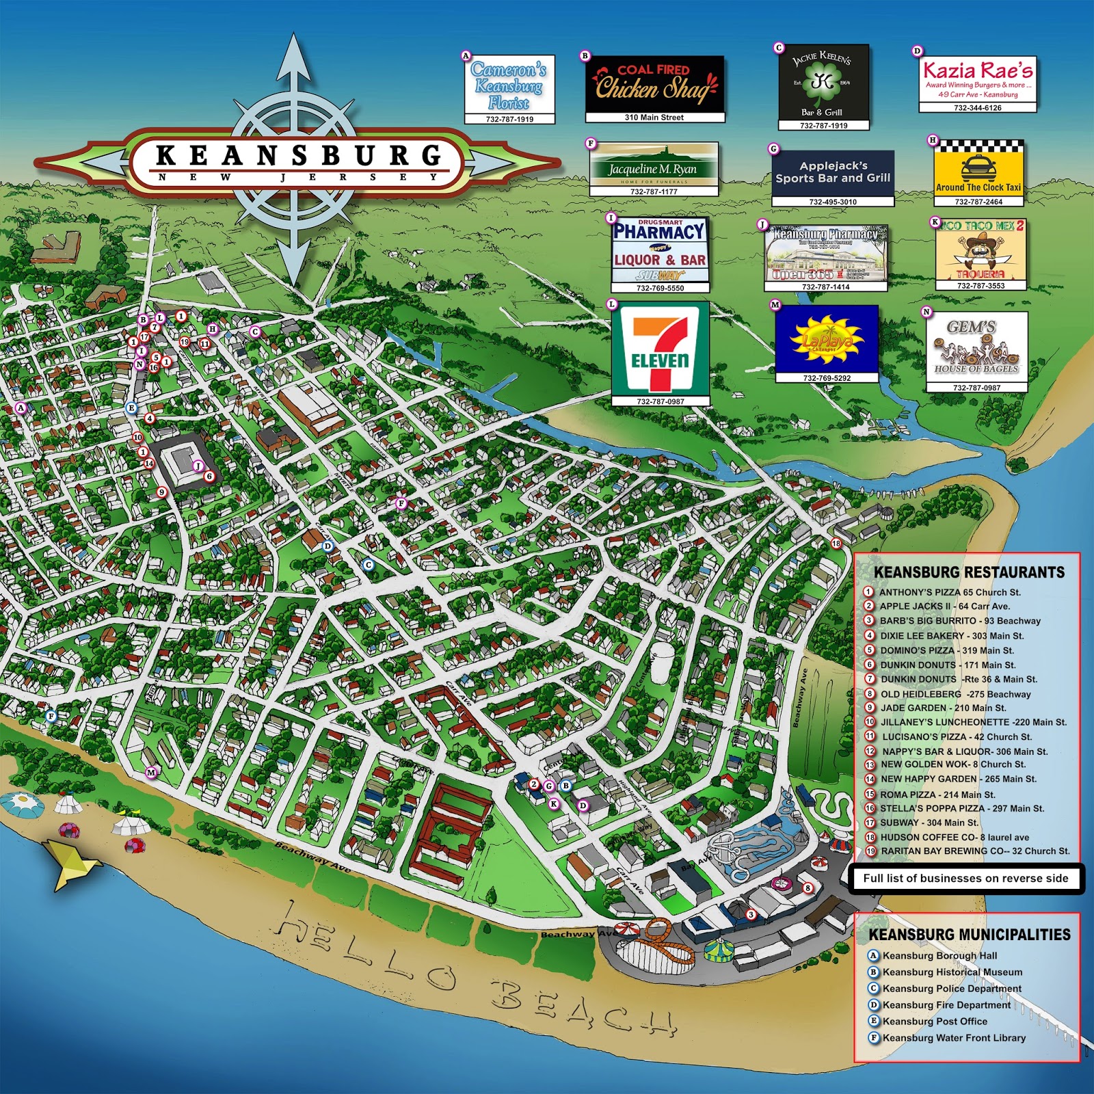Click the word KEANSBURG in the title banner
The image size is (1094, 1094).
(299, 155)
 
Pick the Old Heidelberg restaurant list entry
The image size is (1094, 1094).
(955, 694)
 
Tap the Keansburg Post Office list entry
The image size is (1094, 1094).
(934, 1021)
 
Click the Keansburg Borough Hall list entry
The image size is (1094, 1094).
(939, 955)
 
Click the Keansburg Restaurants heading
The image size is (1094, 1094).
(969, 572)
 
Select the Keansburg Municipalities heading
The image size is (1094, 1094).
(969, 935)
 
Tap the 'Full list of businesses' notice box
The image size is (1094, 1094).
(965, 879)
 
